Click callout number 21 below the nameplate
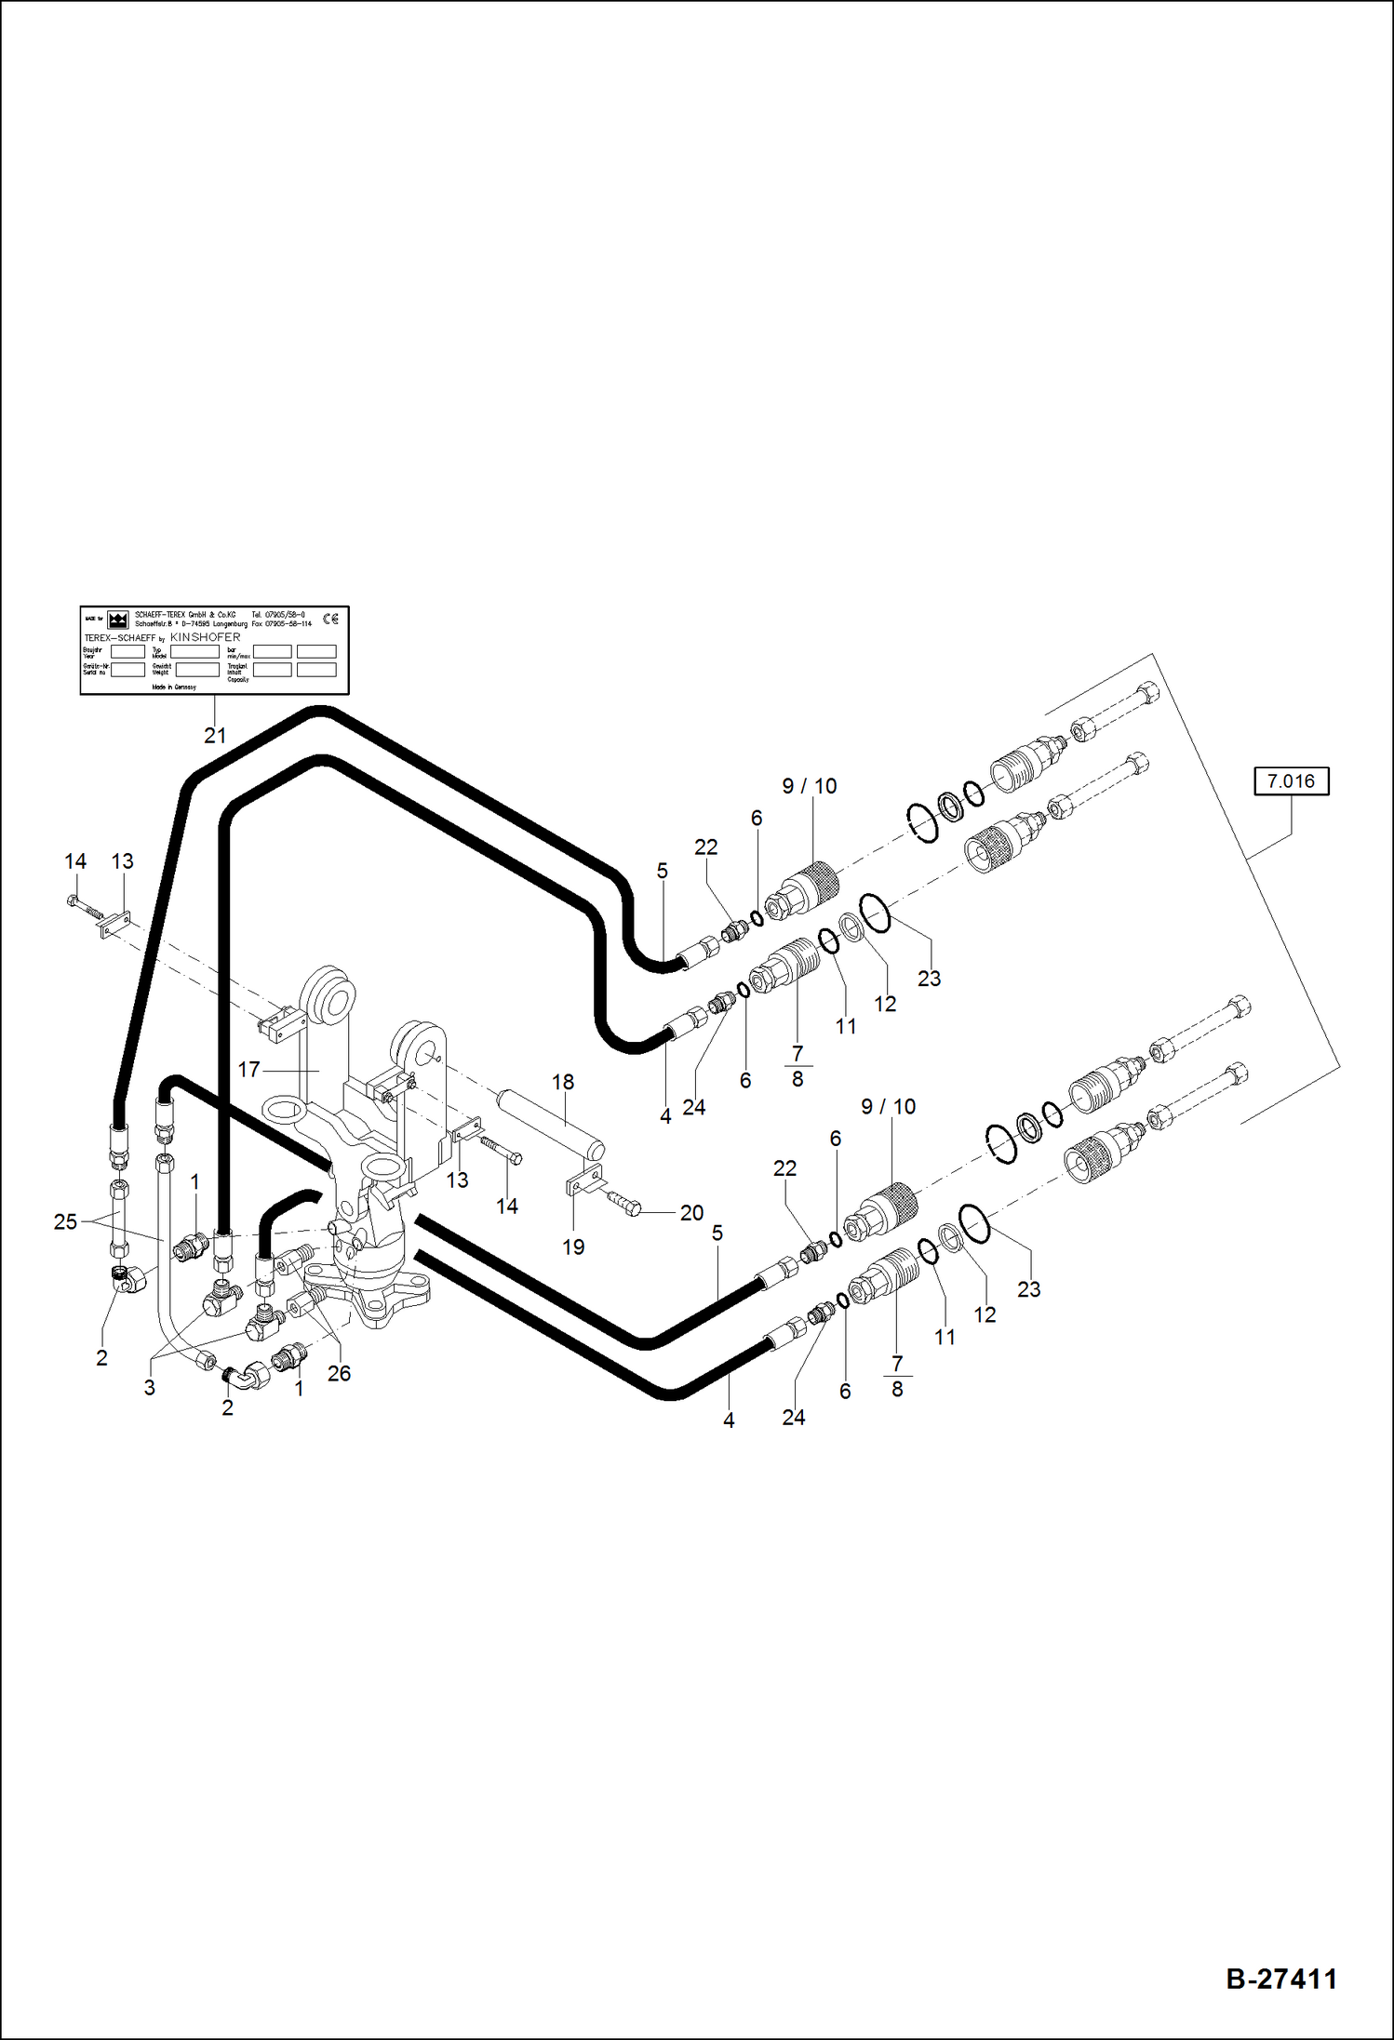[215, 736]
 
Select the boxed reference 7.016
[1291, 781]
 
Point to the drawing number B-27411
[1280, 1979]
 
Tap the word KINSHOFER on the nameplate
[205, 637]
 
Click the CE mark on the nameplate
[330, 619]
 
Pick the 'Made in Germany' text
[174, 687]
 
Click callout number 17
[248, 1070]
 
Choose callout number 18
[563, 1082]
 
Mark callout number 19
[573, 1247]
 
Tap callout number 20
[691, 1212]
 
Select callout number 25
[65, 1221]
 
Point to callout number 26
[339, 1373]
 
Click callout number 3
[149, 1387]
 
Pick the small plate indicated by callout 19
[584, 1182]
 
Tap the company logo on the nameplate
[117, 620]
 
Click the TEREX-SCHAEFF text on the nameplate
[120, 638]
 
